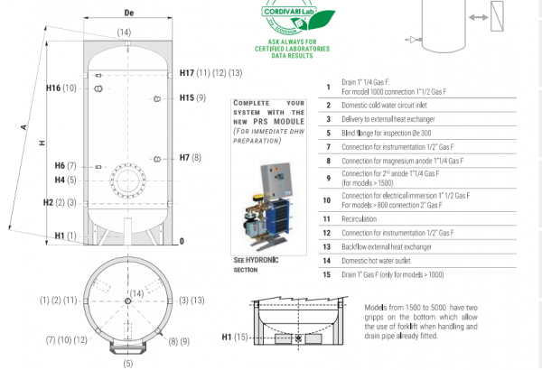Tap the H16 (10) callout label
[62, 88]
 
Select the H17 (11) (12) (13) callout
[210, 72]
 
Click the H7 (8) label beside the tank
[191, 158]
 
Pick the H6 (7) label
[66, 166]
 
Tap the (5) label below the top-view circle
[127, 363]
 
